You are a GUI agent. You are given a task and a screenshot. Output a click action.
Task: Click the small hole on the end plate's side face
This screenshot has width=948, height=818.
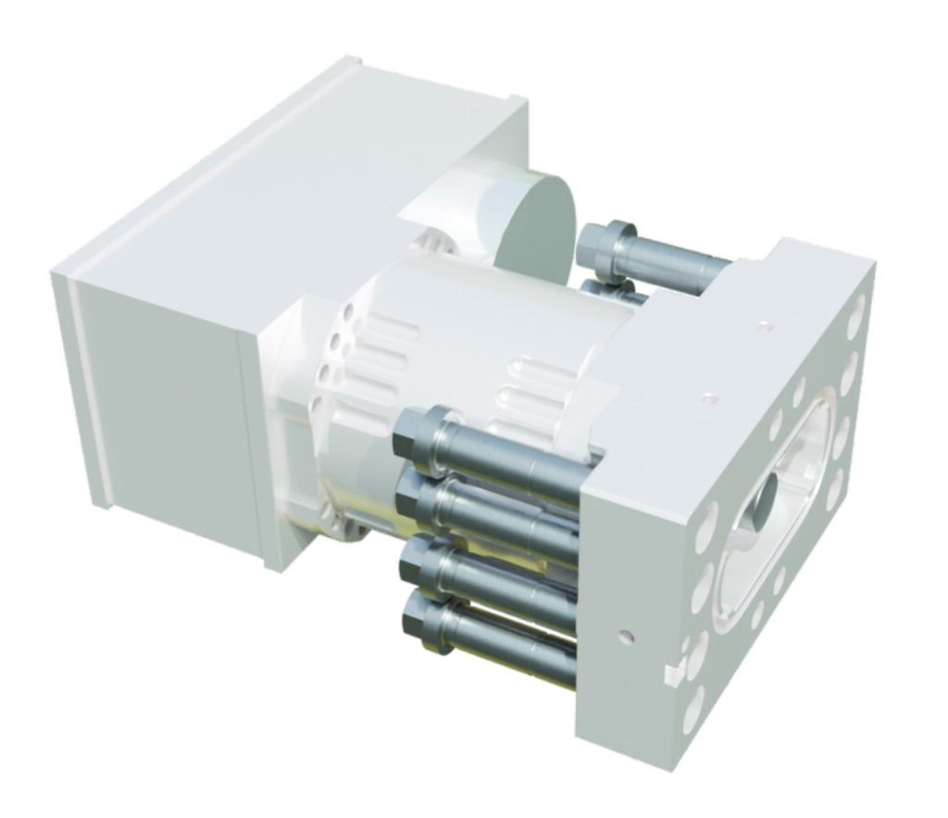click(x=628, y=636)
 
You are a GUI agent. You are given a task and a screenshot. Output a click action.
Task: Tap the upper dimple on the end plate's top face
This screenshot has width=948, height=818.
click(x=765, y=325)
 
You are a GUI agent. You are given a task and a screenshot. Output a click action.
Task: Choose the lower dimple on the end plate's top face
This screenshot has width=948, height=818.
click(x=709, y=399)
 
